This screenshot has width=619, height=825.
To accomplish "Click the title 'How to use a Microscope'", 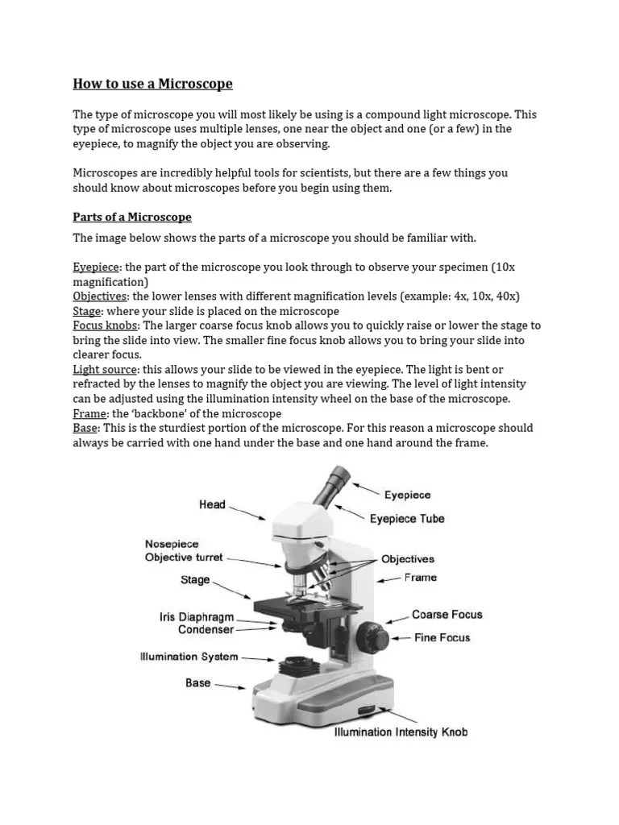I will click(x=152, y=84).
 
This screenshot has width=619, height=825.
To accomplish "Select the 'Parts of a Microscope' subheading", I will click(x=132, y=218).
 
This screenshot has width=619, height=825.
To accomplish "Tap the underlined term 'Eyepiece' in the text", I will click(x=96, y=267).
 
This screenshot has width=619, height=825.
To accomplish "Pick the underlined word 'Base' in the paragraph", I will click(x=85, y=428).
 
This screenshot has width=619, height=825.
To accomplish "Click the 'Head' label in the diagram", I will click(x=213, y=504).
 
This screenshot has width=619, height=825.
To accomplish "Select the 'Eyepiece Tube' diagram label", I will click(x=407, y=519).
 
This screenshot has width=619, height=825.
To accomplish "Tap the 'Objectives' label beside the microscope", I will click(x=407, y=558).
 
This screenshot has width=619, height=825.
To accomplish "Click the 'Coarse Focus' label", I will click(x=447, y=614).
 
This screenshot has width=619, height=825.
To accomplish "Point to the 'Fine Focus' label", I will click(x=442, y=637).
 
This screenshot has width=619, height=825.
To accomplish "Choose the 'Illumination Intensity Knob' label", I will click(x=401, y=732).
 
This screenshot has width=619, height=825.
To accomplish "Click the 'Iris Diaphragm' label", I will click(x=197, y=616).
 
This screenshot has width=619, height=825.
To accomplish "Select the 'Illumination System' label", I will click(x=189, y=657).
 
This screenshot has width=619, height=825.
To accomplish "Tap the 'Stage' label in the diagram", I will click(x=195, y=579).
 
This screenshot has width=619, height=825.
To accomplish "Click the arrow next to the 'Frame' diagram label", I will click(x=389, y=578).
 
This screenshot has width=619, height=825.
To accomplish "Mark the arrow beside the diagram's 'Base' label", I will click(x=231, y=686).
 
